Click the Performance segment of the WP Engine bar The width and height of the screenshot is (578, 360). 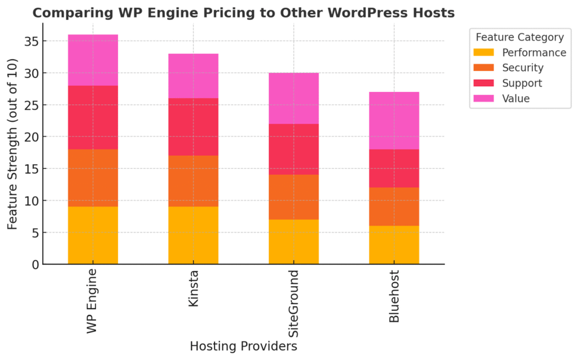click(x=93, y=236)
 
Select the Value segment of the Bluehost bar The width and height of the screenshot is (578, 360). click(x=394, y=121)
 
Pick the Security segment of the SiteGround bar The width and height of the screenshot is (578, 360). click(x=294, y=197)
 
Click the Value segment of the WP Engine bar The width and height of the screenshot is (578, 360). click(x=93, y=60)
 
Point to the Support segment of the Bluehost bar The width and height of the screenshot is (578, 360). click(x=394, y=169)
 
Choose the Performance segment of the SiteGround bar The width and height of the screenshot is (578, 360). click(x=294, y=242)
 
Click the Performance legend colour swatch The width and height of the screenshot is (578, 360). click(x=484, y=53)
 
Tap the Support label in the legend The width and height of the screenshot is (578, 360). click(x=522, y=83)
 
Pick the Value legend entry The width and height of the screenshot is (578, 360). click(x=516, y=99)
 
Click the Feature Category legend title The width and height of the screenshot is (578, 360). click(x=519, y=37)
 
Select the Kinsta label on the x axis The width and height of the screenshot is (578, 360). click(x=194, y=288)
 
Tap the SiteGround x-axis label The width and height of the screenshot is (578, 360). click(x=294, y=303)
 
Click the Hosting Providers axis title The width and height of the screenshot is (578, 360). click(x=243, y=347)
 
